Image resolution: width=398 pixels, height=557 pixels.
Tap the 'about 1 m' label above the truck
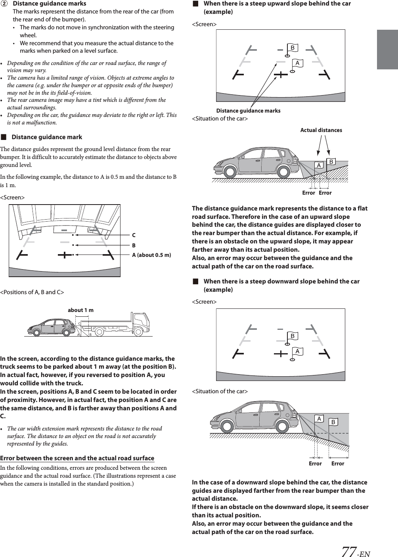point(80,310)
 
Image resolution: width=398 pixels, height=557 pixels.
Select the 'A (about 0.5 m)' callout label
point(151,255)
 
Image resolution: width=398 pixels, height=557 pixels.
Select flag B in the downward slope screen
point(293,337)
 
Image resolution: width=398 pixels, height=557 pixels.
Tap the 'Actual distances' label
point(321,130)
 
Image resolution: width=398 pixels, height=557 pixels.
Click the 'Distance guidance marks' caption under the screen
point(248,111)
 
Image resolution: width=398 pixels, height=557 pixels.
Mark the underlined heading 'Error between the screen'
point(77,458)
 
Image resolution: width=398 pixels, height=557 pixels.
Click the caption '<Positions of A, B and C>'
point(32,292)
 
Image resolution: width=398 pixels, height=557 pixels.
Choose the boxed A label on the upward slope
point(318,165)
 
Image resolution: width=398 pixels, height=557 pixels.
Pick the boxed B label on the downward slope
point(333,422)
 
